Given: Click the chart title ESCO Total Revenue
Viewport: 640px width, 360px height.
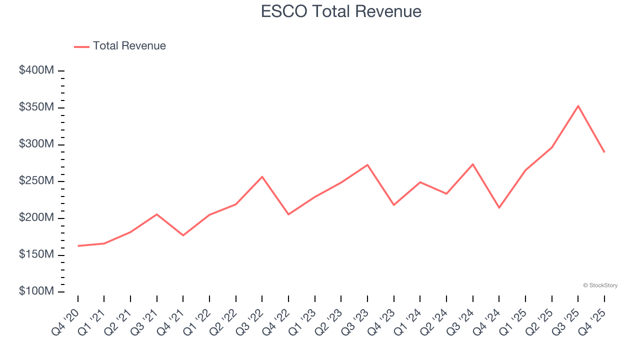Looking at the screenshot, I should [x=341, y=11].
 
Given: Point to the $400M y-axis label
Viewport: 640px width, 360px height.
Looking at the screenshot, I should [x=36, y=70].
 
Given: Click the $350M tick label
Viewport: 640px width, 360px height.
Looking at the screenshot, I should [x=36, y=107].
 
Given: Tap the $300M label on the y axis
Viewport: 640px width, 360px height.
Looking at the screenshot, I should [x=36, y=144].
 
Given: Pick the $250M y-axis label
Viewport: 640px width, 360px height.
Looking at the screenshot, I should [x=36, y=181].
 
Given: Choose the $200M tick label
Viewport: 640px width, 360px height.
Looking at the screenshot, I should [x=36, y=218].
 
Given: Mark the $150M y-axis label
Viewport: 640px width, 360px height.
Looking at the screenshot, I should [x=36, y=254].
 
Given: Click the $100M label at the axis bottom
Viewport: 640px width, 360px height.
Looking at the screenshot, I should [x=36, y=291].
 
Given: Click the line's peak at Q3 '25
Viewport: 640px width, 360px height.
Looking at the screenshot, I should [x=578, y=105].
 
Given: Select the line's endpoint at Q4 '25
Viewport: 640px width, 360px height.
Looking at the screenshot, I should [x=604, y=152].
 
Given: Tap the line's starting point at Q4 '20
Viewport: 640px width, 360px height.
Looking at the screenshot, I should [x=78, y=246].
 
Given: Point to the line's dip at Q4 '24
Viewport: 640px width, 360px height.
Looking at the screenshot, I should [x=499, y=207].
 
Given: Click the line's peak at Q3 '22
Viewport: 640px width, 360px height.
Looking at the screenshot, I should [x=262, y=176].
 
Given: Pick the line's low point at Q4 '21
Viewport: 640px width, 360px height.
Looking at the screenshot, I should [x=183, y=235].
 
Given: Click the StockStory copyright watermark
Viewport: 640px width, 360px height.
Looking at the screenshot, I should [x=600, y=285].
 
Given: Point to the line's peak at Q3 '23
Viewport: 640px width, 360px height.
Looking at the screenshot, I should [x=367, y=164].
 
